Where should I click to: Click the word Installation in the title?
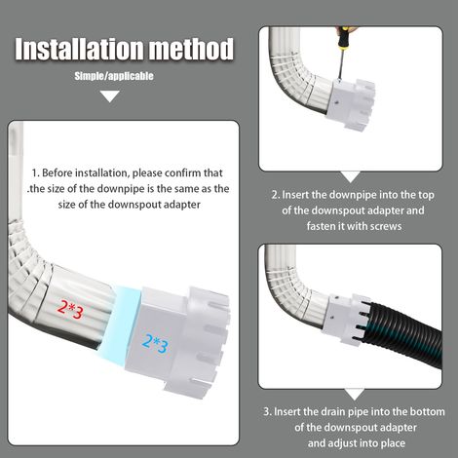[80, 49]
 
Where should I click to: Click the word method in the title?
[191, 49]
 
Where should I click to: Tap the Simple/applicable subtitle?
[114, 76]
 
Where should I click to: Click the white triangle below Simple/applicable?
[110, 96]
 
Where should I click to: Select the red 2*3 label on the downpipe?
[70, 309]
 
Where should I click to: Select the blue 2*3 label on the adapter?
[155, 344]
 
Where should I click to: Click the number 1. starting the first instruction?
[35, 172]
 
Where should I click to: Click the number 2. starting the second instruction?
[276, 195]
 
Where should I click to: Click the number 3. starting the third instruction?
[267, 412]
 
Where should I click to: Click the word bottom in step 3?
[427, 412]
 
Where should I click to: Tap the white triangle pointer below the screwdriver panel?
[351, 176]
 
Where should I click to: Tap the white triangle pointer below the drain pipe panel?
[355, 394]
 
